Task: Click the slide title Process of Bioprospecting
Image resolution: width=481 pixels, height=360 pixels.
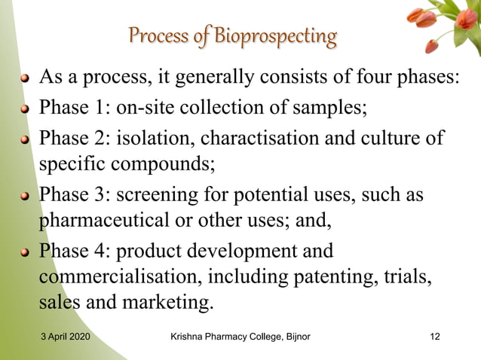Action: coord(232,36)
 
